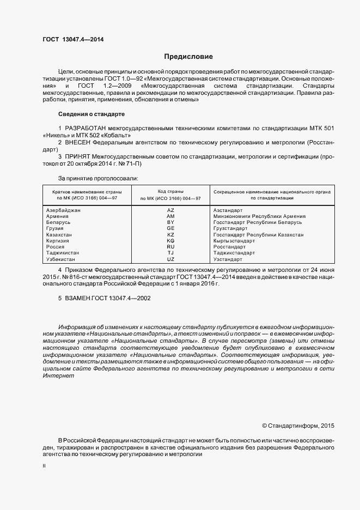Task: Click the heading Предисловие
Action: pyautogui.click(x=188, y=57)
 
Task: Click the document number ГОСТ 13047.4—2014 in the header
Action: pyautogui.click(x=73, y=39)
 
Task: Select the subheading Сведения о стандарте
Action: pyautogui.click(x=91, y=114)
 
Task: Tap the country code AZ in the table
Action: pyautogui.click(x=170, y=210)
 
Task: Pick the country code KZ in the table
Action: pyautogui.click(x=170, y=234)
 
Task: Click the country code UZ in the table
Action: pyautogui.click(x=170, y=259)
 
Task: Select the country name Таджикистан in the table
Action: pyautogui.click(x=63, y=253)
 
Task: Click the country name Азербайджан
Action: pyautogui.click(x=64, y=210)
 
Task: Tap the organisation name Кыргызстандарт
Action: pyautogui.click(x=234, y=241)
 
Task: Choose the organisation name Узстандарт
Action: pyautogui.click(x=230, y=259)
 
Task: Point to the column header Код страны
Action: pyautogui.click(x=170, y=192)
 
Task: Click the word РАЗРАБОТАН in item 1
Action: pyautogui.click(x=87, y=127)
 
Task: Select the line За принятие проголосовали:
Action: pyautogui.click(x=98, y=178)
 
